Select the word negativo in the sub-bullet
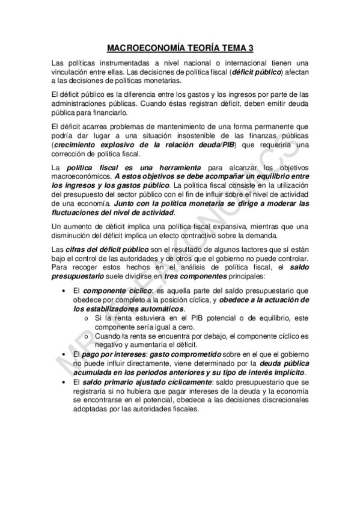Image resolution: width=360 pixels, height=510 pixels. coord(106,345)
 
